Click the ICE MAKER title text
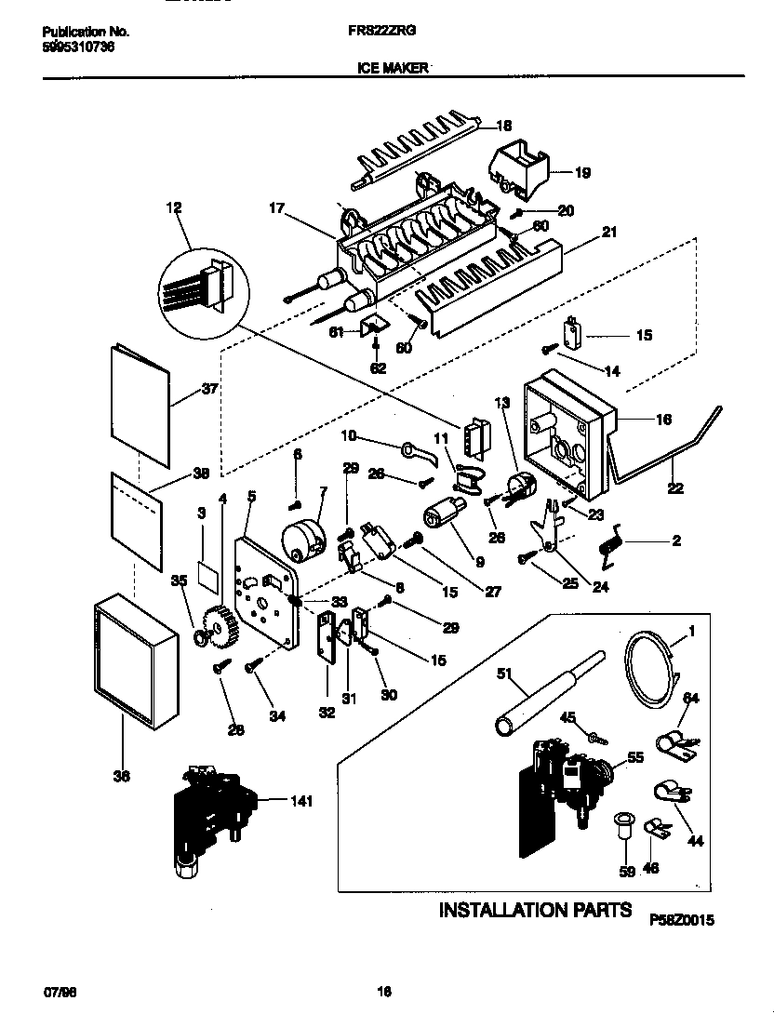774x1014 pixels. [x=392, y=68]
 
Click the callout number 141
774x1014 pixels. [x=301, y=800]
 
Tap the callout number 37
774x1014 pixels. [x=209, y=389]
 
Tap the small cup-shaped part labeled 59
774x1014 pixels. [x=624, y=826]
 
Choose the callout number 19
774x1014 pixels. [x=581, y=172]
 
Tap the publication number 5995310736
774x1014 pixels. [x=79, y=47]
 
